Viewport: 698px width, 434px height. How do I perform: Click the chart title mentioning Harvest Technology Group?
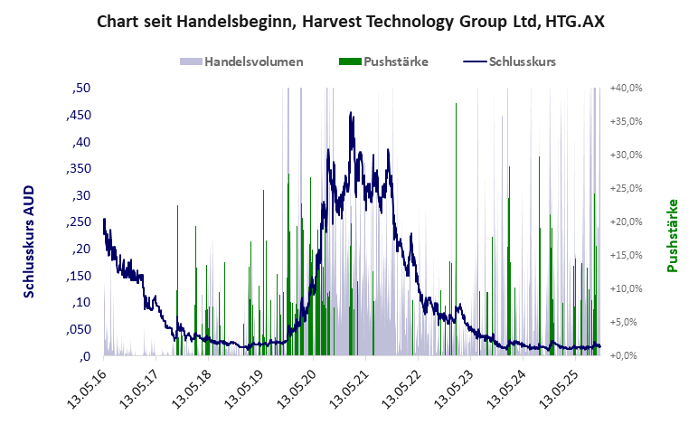[350, 22]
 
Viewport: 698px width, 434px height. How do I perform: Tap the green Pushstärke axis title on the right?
[672, 236]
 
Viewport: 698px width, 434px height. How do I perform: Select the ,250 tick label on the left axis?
[78, 222]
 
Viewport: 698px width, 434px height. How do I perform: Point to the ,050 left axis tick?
[78, 329]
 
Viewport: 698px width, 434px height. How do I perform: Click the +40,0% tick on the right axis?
[626, 89]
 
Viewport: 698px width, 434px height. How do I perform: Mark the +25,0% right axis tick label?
[626, 188]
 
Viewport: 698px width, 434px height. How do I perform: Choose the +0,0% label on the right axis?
[627, 355]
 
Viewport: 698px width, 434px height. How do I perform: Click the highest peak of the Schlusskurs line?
[351, 113]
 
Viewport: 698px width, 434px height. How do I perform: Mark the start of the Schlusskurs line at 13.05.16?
[104, 220]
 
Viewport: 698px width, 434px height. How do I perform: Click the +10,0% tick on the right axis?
[626, 288]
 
